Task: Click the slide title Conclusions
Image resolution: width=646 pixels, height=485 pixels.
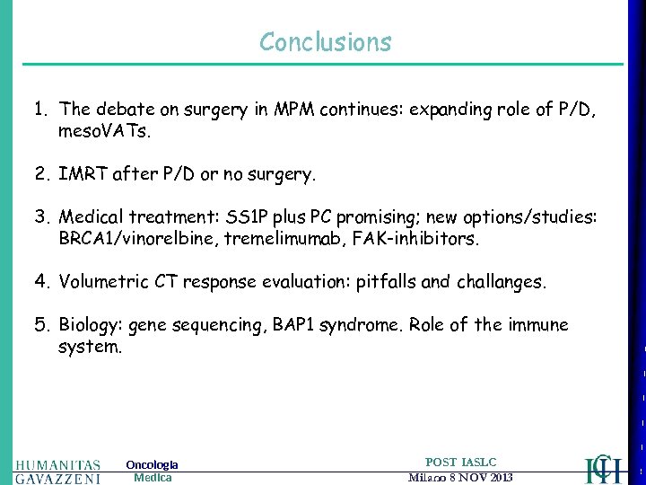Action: point(325,42)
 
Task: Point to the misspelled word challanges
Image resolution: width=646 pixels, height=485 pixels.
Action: point(499,282)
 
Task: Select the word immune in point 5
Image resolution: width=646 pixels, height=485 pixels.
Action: point(536,325)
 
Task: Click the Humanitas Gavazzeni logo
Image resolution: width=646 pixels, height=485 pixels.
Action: point(57,472)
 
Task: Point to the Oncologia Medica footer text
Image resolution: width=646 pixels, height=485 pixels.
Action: point(152,471)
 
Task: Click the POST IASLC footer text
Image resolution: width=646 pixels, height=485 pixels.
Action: point(460,462)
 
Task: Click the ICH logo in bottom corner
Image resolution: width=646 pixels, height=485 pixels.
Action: point(602,468)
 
